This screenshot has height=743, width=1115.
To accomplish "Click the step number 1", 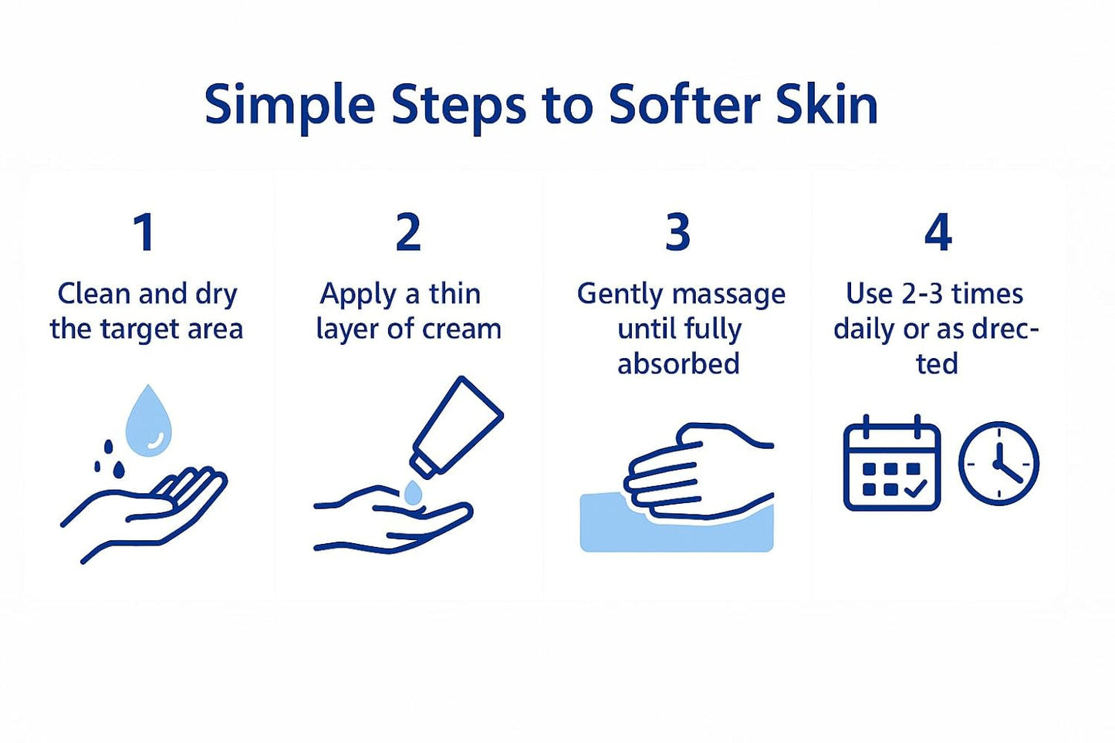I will [144, 232].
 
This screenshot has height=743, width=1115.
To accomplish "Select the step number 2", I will [408, 232].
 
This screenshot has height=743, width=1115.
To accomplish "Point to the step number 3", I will [677, 232].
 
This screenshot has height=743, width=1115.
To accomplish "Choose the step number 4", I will [938, 232].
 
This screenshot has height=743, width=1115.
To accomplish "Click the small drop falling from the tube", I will [414, 492].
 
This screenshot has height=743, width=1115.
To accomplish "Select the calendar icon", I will [892, 464].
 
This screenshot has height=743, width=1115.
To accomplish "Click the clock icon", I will [998, 464].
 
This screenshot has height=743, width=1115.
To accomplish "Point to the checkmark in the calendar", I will [915, 489].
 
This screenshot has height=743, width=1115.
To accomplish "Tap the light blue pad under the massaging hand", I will [676, 532].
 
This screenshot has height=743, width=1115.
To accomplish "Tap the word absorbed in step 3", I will [678, 363].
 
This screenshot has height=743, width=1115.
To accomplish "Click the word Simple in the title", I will [289, 105].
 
